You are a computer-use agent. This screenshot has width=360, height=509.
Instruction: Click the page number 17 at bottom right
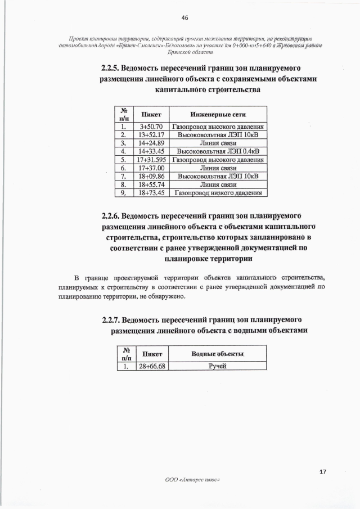[323, 471]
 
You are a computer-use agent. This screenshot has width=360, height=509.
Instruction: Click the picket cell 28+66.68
[152, 367]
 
